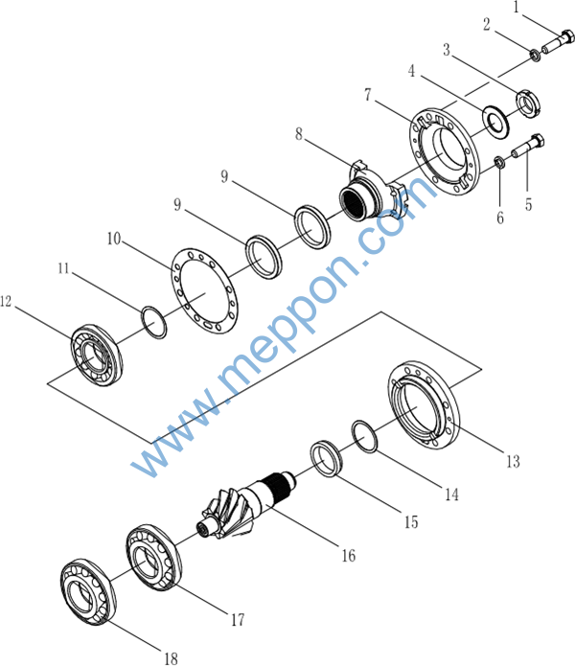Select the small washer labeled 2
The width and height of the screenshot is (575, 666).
click(x=535, y=58)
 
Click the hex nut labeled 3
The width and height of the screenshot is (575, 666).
click(x=526, y=100)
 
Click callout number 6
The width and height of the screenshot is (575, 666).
click(x=499, y=218)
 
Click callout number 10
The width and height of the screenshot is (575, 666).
click(x=113, y=238)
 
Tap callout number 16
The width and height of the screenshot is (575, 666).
click(x=347, y=555)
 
